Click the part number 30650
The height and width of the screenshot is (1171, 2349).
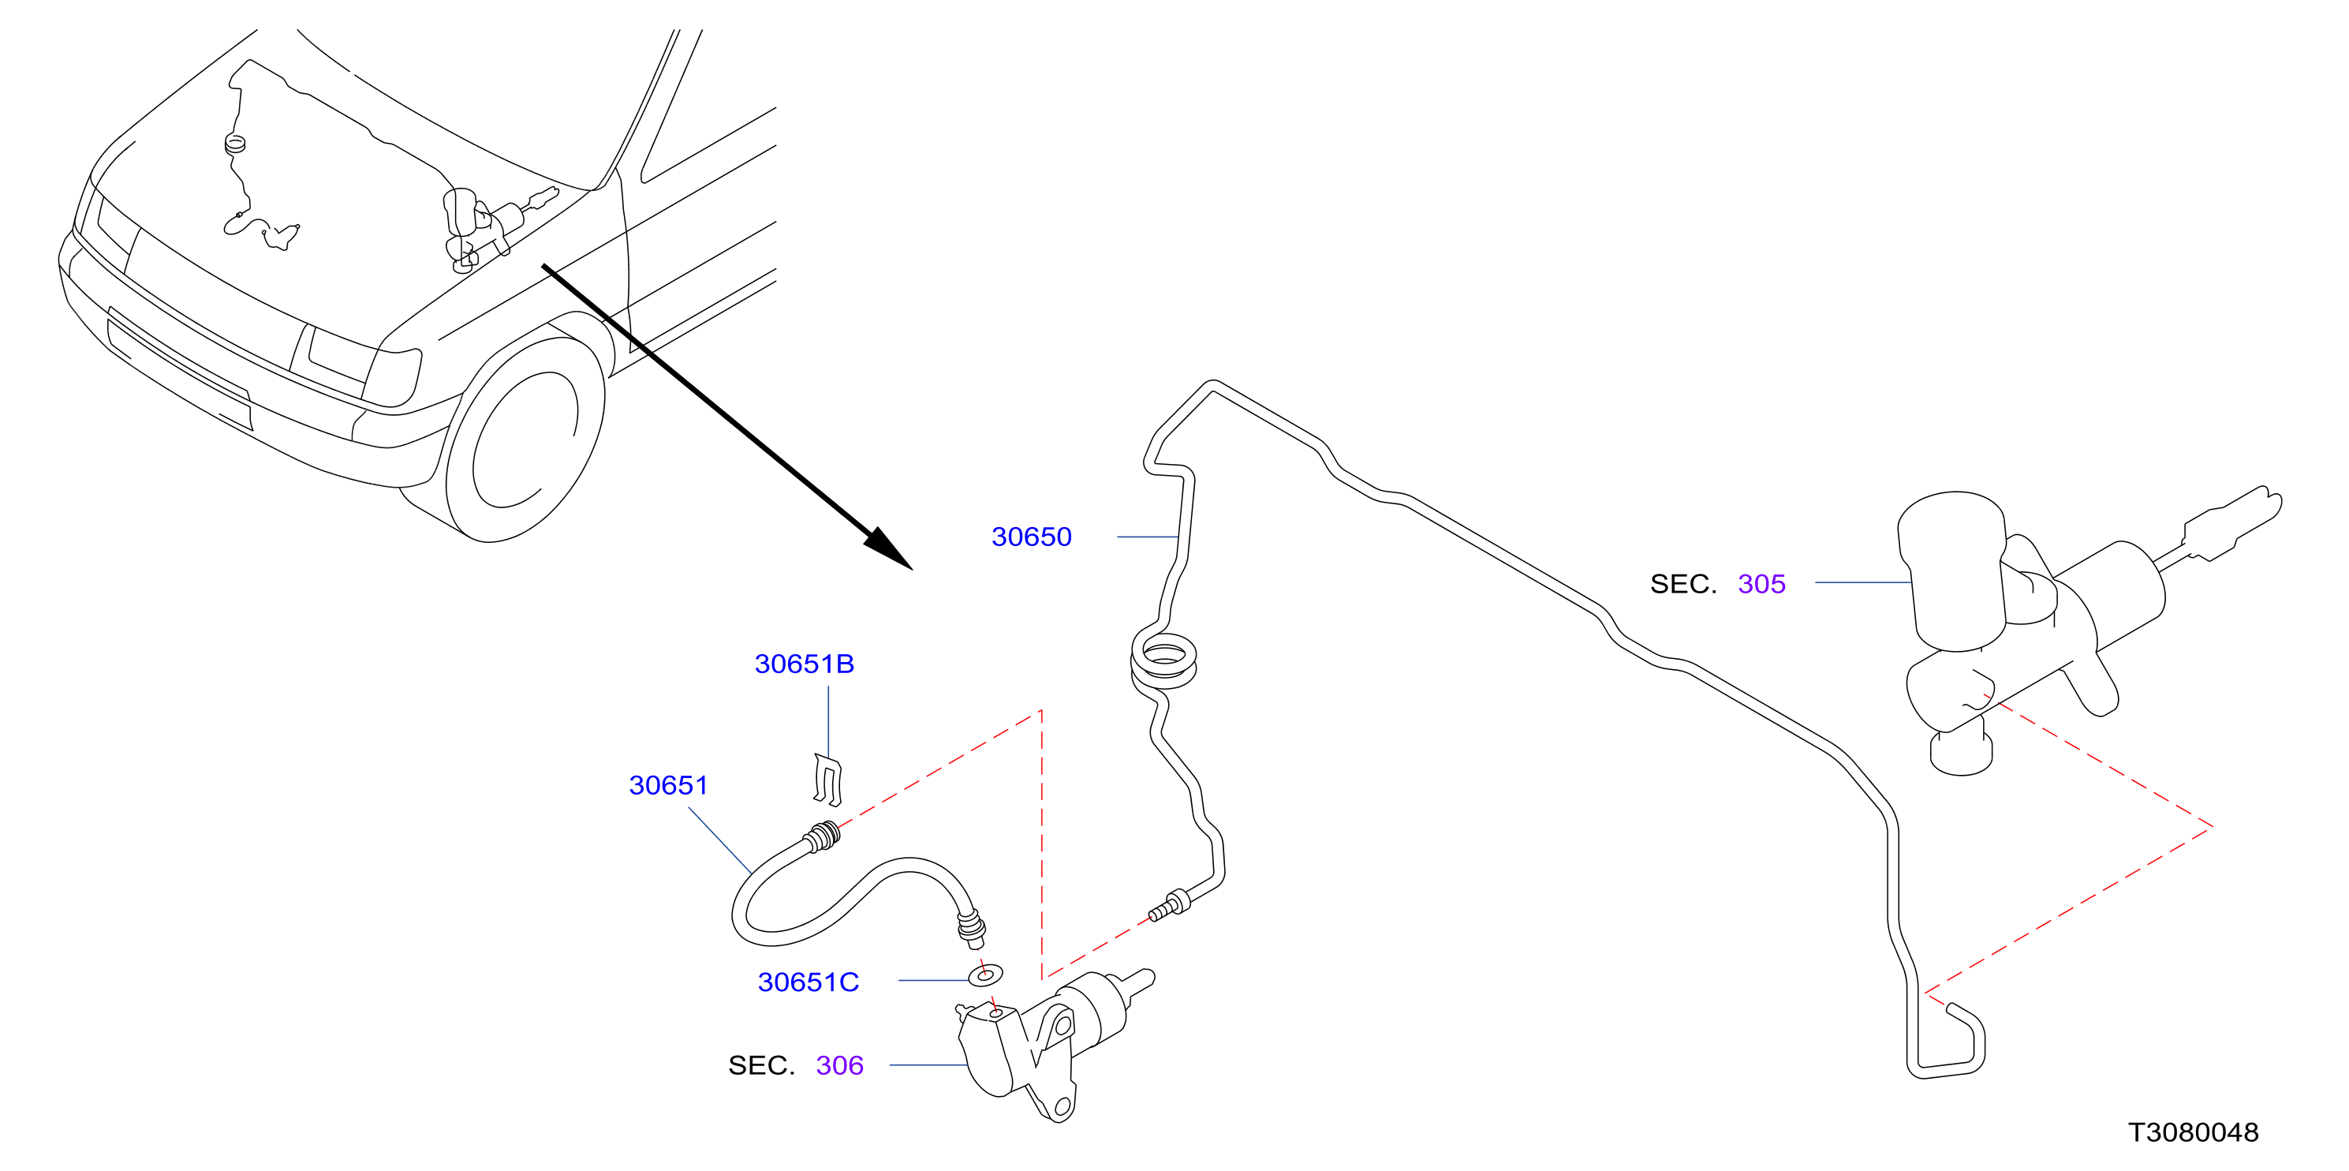pos(1031,537)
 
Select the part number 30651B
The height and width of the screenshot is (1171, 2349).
pos(805,664)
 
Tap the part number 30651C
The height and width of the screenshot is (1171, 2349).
pos(808,982)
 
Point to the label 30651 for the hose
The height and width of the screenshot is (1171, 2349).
pos(668,785)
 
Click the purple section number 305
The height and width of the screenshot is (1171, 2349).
pos(1762,584)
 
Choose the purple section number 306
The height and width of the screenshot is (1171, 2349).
pos(840,1065)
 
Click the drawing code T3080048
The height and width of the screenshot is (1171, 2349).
pos(2193,1132)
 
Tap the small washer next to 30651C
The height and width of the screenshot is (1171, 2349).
pos(985,976)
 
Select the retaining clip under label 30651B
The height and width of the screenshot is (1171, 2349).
pos(828,780)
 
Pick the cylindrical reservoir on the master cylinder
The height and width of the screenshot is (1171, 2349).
pos(1953,572)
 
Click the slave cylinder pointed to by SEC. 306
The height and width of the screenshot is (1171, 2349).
pos(1048,1044)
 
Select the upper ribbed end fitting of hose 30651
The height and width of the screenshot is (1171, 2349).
pos(823,837)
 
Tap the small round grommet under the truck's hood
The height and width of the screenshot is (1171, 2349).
pos(235,143)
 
